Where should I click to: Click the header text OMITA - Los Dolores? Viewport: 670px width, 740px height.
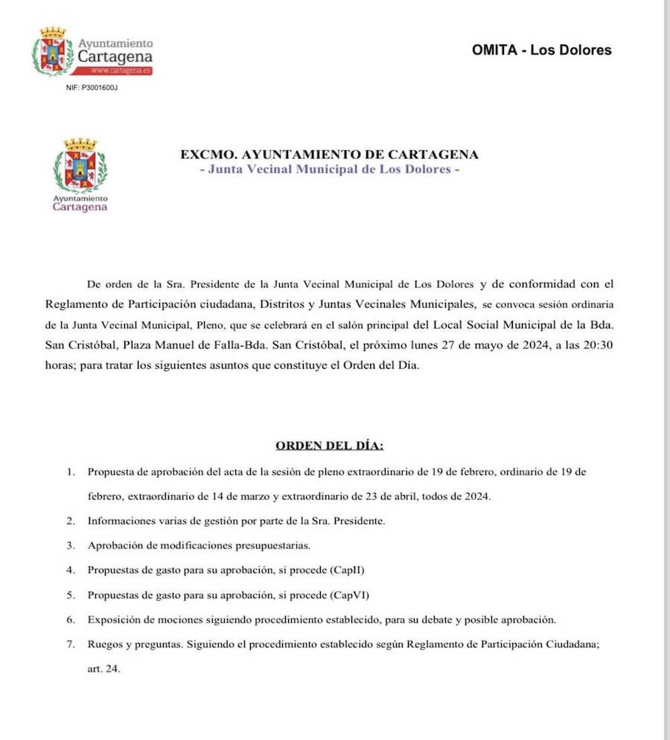pos(541,51)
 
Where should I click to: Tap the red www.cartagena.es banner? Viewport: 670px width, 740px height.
pos(120,71)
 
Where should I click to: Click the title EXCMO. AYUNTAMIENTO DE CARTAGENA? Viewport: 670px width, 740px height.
pos(329,155)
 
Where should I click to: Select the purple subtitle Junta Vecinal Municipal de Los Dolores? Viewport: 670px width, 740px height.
pos(330,169)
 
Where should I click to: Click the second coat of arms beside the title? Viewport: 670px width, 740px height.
pos(80,166)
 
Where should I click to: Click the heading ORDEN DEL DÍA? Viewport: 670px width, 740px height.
pos(330,445)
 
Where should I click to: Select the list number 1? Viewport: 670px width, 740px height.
pos(71,472)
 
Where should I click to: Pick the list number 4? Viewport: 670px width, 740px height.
pos(71,570)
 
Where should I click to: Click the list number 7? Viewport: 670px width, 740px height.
pos(71,644)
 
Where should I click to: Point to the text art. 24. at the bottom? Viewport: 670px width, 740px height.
pos(103,669)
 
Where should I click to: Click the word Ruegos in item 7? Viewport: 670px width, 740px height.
pos(104,644)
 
